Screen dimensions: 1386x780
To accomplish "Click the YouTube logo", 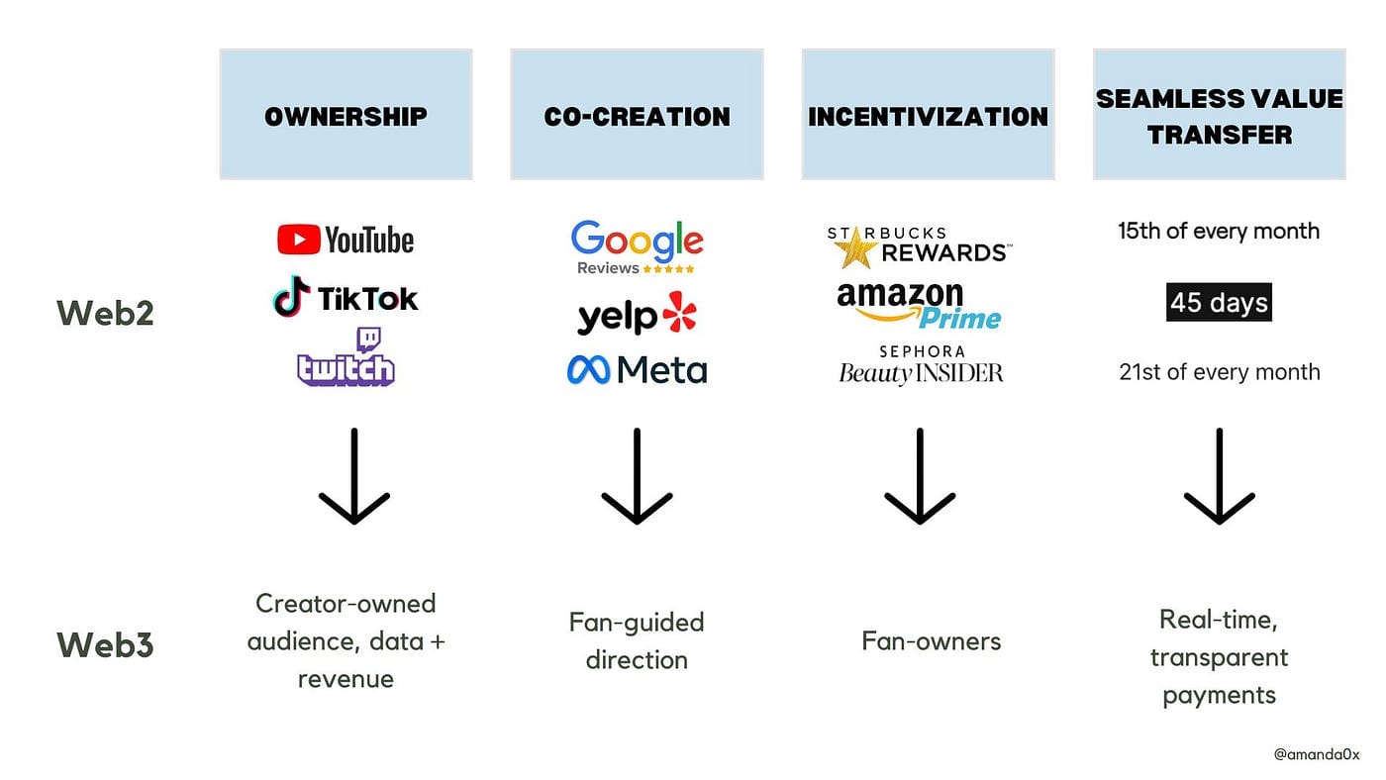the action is tap(346, 240).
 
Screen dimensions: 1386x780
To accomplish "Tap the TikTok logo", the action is tap(346, 298).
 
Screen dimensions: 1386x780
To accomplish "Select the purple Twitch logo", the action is tap(346, 357).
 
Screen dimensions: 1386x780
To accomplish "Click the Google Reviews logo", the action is tap(637, 246).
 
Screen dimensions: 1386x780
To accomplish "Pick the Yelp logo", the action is tap(637, 314).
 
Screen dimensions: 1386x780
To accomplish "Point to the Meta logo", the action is tap(637, 370).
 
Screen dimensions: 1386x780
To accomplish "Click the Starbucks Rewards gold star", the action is tap(855, 248).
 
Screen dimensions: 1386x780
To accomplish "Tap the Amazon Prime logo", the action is tap(919, 306).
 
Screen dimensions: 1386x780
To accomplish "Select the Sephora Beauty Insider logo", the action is tap(921, 365).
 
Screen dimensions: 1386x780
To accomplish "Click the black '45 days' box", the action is tap(1219, 302).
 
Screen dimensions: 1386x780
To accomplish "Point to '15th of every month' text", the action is tap(1219, 232).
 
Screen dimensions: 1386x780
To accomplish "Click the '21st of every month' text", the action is tap(1220, 372).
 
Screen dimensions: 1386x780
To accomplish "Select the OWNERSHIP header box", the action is tap(346, 115).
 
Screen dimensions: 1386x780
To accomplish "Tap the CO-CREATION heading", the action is tap(637, 117).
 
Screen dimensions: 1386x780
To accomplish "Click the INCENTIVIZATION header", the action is tap(929, 117).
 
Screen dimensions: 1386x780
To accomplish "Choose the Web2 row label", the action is tap(105, 313).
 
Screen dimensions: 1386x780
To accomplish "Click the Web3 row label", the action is tap(105, 644).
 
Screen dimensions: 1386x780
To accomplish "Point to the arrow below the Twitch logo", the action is tap(354, 476).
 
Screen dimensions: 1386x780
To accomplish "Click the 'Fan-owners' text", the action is tap(932, 640).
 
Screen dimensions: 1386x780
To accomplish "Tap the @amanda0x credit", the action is tap(1317, 754).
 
